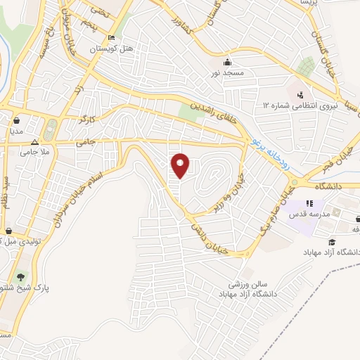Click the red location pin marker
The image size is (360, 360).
pos(181,165)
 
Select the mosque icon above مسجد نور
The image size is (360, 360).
pos(226,60)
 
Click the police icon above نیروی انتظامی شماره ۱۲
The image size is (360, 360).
pos(300,94)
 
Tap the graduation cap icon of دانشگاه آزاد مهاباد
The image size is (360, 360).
pos(330,240)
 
